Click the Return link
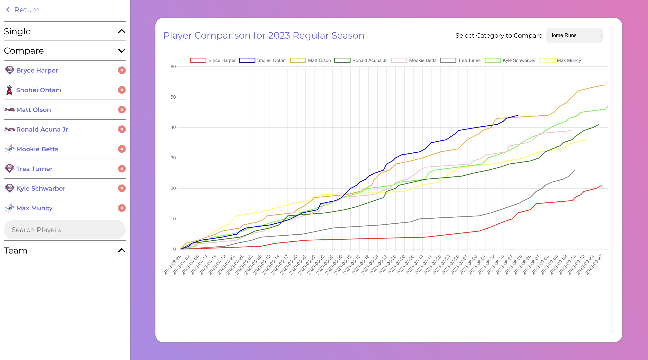pos(23,10)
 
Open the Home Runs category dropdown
pos(574,35)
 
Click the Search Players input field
pos(65,230)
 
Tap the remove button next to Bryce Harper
pos(122,70)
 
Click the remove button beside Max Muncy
pos(122,208)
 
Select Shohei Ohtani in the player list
pos(39,90)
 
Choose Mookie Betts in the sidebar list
pos(37,149)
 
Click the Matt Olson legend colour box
pos(298,60)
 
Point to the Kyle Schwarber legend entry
pos(519,60)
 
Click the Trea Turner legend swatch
pos(448,60)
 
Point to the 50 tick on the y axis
pos(173,97)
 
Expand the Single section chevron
pos(121,31)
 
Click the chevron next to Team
pos(121,250)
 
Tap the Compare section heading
pos(24,51)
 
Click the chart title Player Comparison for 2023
pos(264,35)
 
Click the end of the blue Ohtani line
pos(518,116)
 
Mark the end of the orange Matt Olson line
pos(604,85)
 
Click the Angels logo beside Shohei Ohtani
pos(9,90)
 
